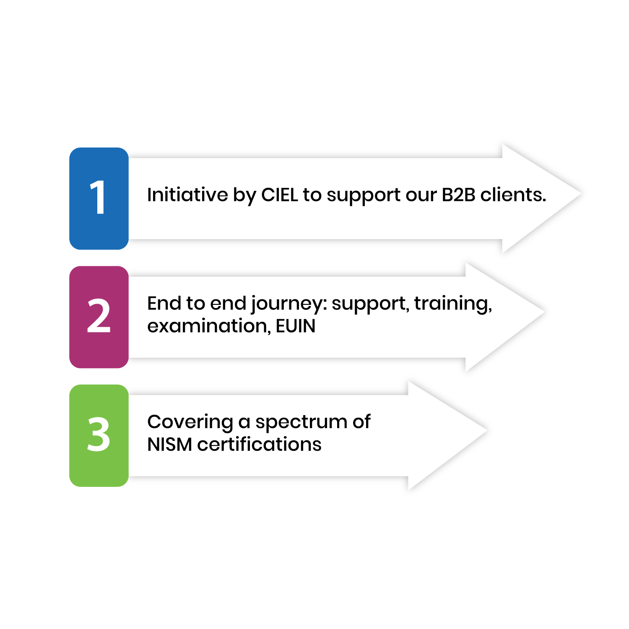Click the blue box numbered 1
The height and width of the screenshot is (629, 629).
tap(99, 198)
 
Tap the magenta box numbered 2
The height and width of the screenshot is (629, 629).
tap(99, 317)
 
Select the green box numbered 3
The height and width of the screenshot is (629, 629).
tap(99, 435)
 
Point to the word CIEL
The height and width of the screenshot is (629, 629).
tap(280, 195)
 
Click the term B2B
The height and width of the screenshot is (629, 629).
tap(458, 195)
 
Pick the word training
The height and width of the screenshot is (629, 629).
tap(453, 303)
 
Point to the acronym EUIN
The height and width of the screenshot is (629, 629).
tap(296, 326)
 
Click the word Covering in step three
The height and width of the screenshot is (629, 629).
tap(190, 422)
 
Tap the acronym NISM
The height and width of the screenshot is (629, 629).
tap(169, 444)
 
